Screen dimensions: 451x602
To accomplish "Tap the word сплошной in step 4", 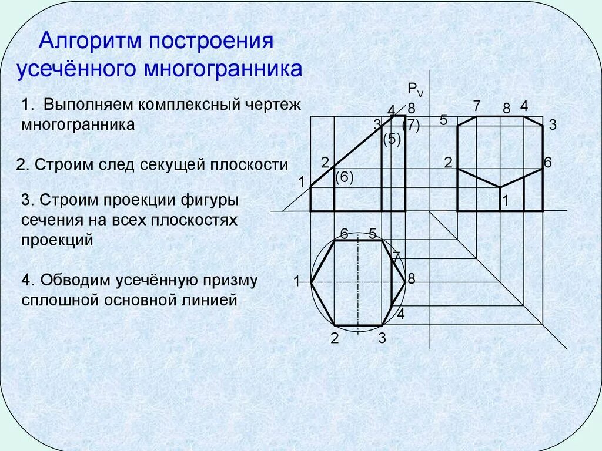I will (x=60, y=301).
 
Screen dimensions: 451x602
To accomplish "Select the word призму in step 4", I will (x=232, y=280).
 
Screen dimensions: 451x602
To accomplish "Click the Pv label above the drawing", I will (x=415, y=89).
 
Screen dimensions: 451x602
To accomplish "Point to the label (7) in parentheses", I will (x=410, y=126).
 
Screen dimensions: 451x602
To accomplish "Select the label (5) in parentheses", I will (x=392, y=140).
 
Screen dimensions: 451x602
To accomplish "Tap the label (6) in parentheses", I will (x=344, y=177).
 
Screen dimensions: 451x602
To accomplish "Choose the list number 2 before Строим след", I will (x=21, y=164).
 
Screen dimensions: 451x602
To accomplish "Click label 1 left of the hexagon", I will (x=297, y=281).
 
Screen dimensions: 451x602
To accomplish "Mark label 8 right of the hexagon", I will (x=412, y=279).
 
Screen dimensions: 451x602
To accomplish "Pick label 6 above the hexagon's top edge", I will (x=345, y=233).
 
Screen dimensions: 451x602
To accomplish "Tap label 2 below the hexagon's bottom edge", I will (x=335, y=338).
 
